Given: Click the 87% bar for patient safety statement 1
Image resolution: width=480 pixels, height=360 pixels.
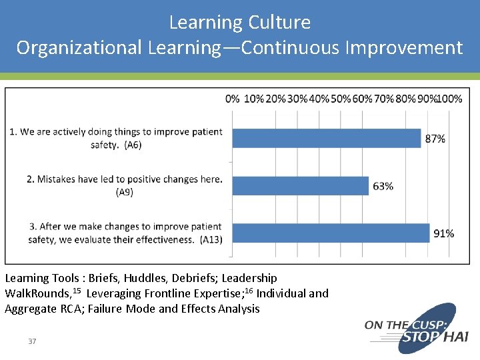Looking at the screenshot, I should pyautogui.click(x=327, y=138).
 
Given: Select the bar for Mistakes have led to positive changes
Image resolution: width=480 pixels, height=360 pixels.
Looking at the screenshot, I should pyautogui.click(x=300, y=185).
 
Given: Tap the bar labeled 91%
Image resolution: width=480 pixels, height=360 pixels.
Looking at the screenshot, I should pyautogui.click(x=330, y=233).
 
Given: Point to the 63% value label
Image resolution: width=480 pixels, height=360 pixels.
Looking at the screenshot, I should pyautogui.click(x=383, y=186).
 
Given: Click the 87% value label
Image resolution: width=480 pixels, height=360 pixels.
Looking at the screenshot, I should pyautogui.click(x=435, y=139).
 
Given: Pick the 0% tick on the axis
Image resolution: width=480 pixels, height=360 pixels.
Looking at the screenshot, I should pyautogui.click(x=232, y=99).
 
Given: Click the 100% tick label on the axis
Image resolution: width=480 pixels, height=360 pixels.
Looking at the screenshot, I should pyautogui.click(x=450, y=99).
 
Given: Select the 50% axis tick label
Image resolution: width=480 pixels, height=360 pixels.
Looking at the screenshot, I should pyautogui.click(x=341, y=99).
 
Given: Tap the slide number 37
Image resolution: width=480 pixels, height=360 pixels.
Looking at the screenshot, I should pyautogui.click(x=32, y=341).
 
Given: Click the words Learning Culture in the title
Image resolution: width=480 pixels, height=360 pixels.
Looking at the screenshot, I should pyautogui.click(x=240, y=23).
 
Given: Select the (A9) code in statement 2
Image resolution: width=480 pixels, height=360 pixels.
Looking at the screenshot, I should pyautogui.click(x=125, y=192).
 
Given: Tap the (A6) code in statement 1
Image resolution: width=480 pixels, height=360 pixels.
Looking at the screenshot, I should pyautogui.click(x=133, y=145).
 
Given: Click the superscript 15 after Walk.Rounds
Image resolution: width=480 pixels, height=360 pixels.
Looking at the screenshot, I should pyautogui.click(x=77, y=291).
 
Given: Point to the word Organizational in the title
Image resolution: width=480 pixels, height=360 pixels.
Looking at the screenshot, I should pyautogui.click(x=79, y=48).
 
